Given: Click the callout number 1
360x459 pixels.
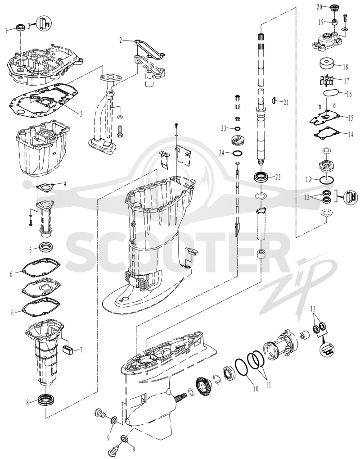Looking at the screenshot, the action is point(6,30).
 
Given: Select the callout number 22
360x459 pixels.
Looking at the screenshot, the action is point(278,177).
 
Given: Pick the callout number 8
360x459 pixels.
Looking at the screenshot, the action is point(28,402).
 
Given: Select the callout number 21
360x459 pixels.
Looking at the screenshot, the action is point(286,102).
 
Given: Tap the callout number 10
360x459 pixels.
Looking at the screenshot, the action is point(256,389).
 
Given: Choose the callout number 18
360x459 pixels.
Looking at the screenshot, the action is point(346,67).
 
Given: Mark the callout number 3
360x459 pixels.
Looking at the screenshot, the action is point(81,114).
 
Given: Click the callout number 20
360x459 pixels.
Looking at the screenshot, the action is point(319,6).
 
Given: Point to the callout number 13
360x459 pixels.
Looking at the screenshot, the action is point(308,179).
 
